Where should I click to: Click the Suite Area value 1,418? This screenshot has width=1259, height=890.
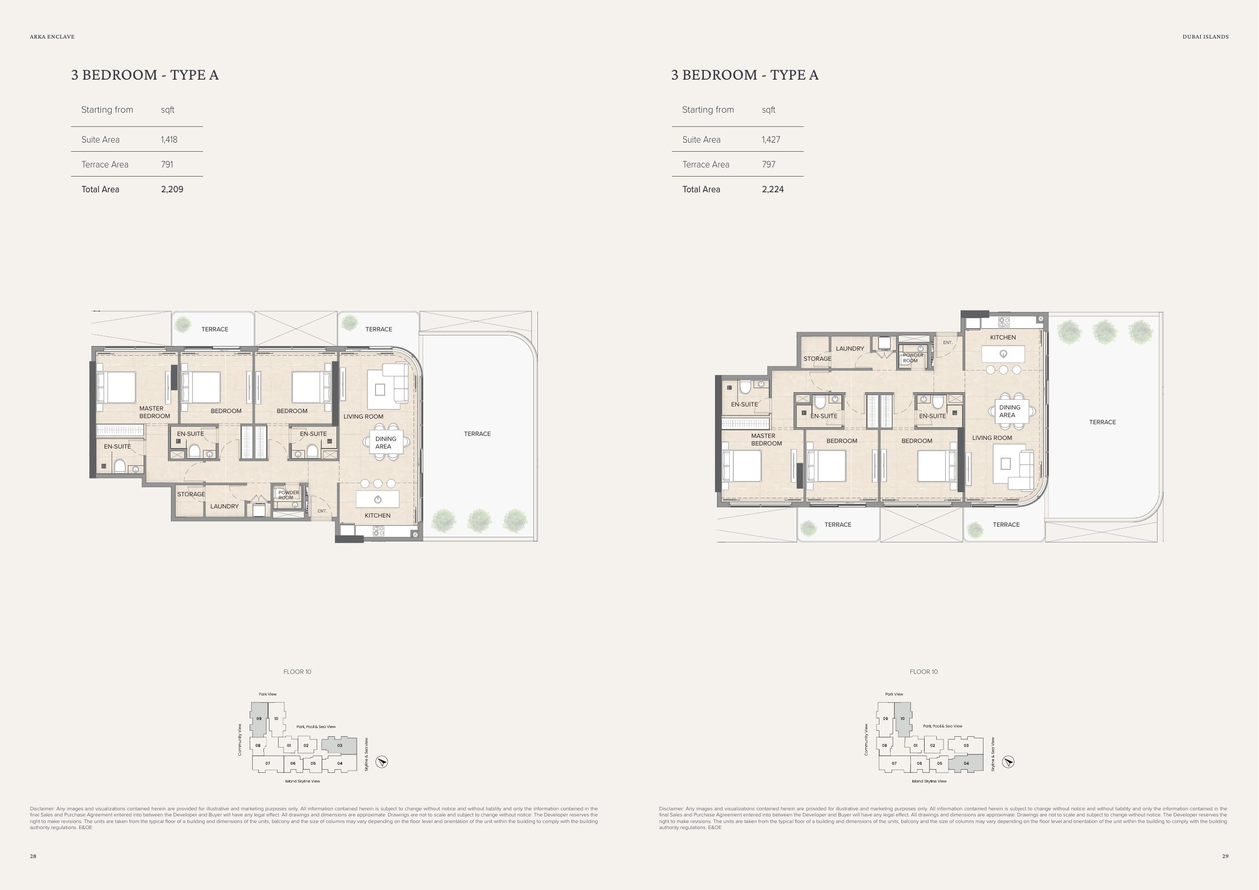click(169, 140)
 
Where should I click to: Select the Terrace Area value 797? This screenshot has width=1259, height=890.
click(769, 164)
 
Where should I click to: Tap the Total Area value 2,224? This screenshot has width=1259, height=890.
click(773, 189)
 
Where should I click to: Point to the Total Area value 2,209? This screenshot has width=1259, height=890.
click(172, 189)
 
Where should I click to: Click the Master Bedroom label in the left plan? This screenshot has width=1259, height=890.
click(154, 413)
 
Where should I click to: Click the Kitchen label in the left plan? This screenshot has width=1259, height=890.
click(377, 516)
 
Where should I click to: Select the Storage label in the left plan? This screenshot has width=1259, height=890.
click(191, 494)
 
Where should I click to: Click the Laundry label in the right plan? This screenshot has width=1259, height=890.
click(849, 349)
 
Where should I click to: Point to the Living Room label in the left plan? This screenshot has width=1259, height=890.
click(363, 417)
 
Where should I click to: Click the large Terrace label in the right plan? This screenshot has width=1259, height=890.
click(1102, 422)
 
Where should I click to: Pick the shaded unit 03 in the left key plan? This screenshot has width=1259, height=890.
click(339, 746)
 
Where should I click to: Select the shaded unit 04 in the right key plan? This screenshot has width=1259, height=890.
click(966, 763)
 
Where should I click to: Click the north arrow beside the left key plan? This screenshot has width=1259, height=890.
click(382, 762)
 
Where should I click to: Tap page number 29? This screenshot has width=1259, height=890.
click(1226, 856)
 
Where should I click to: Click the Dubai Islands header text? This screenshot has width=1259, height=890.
click(1205, 37)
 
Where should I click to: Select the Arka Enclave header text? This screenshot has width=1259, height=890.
click(52, 37)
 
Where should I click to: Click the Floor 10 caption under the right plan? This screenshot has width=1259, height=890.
click(924, 672)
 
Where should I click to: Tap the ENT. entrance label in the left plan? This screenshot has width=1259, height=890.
click(322, 511)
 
